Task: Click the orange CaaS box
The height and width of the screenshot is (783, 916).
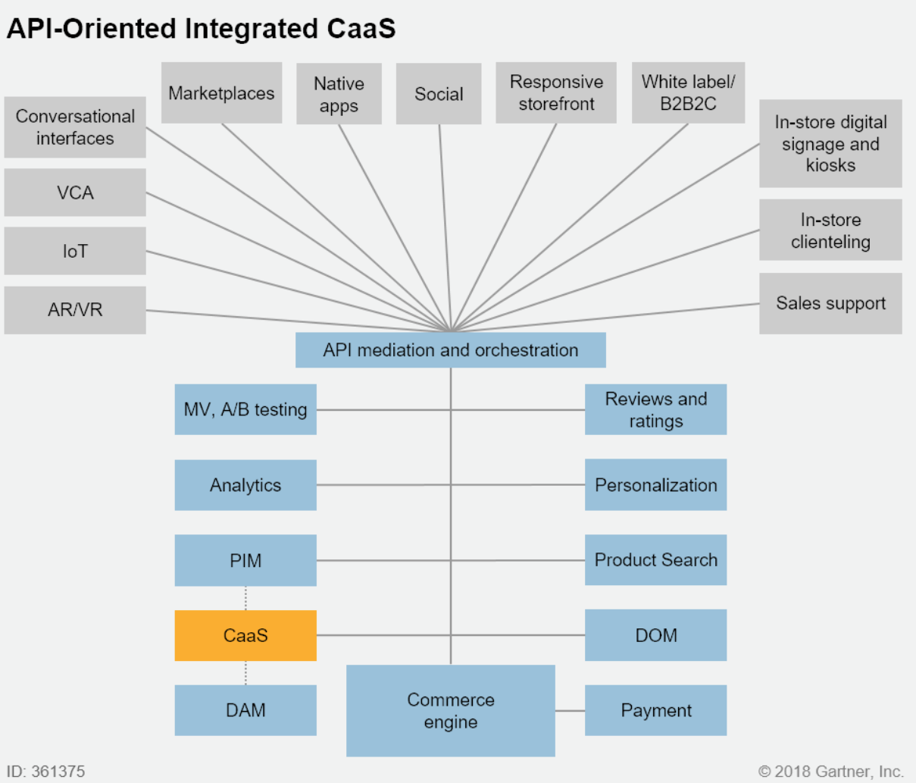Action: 245,635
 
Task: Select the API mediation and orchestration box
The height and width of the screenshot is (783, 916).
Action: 450,350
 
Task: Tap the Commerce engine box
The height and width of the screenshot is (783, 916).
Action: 450,710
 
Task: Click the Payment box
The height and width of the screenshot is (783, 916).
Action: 655,710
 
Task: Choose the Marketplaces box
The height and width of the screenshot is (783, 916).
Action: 221,93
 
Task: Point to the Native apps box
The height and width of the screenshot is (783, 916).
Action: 339,94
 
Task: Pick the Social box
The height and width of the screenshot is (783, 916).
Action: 439,94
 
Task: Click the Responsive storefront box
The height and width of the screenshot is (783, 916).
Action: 556,92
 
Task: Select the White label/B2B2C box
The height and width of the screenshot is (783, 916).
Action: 688,92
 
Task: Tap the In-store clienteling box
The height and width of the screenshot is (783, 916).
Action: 830,230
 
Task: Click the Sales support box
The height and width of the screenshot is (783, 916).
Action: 830,303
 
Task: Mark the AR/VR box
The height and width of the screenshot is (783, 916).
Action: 75,310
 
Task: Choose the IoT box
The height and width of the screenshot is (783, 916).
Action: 75,251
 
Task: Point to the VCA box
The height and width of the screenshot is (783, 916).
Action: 75,193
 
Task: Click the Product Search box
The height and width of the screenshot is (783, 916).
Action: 655,560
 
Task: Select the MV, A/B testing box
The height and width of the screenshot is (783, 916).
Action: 245,409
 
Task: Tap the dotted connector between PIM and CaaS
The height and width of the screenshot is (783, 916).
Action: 245,598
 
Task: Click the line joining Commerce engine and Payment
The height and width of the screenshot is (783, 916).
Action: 570,711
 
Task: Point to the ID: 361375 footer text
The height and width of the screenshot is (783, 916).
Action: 46,771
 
